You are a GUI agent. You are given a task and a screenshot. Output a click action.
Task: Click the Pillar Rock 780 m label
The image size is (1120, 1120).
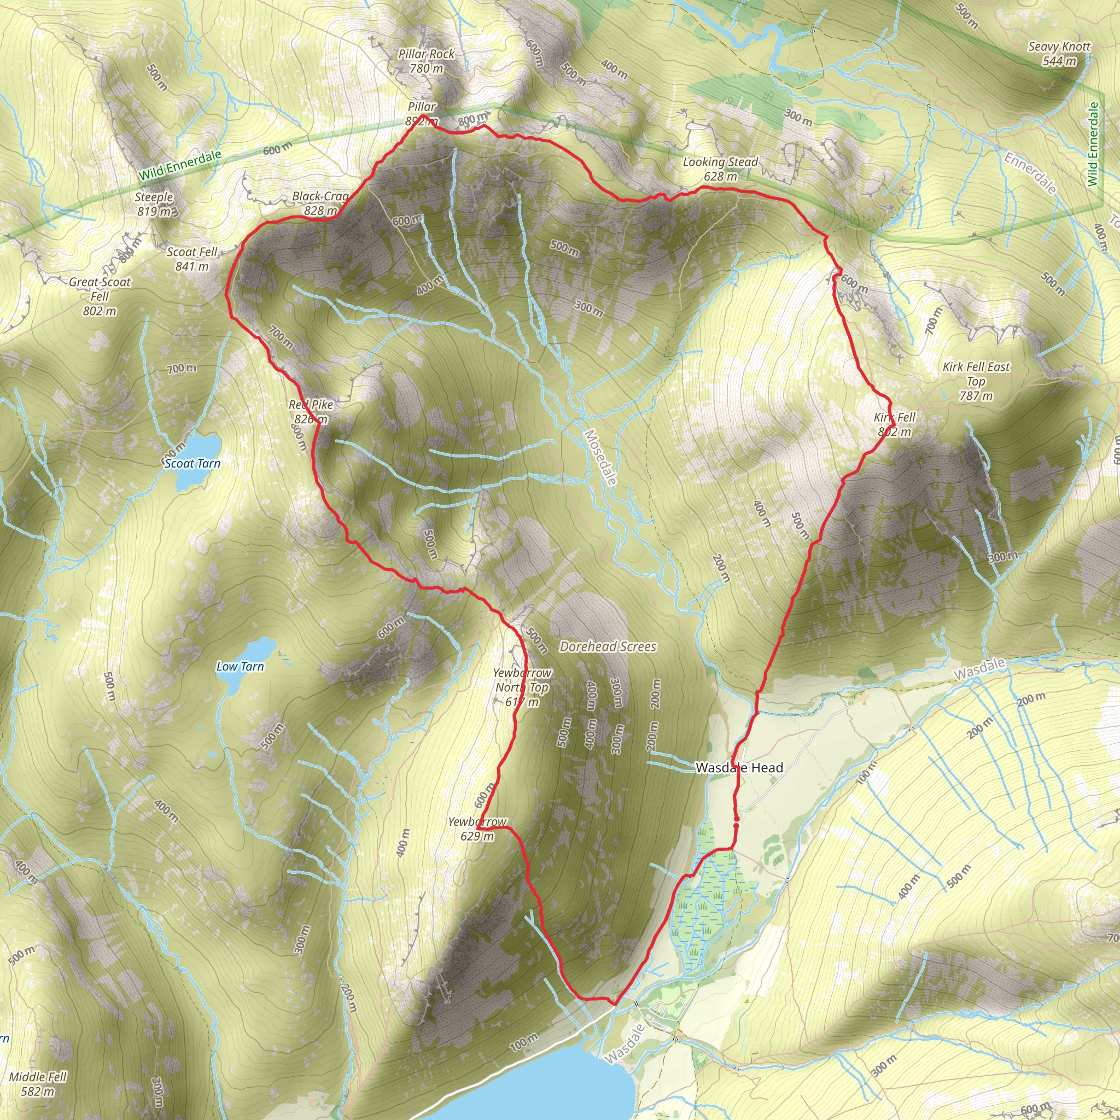click(427, 61)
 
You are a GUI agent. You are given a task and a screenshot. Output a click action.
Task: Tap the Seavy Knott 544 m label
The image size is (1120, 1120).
click(1059, 54)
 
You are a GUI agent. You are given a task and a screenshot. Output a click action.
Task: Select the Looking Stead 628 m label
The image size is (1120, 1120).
click(720, 168)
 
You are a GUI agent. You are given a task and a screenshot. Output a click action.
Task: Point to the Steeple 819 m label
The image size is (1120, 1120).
click(154, 204)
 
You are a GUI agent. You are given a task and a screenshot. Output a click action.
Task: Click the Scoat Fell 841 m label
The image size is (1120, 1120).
click(192, 259)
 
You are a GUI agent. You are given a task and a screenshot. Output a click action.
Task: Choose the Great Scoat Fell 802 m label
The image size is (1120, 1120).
click(100, 296)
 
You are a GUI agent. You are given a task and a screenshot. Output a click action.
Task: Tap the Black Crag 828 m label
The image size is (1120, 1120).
click(320, 203)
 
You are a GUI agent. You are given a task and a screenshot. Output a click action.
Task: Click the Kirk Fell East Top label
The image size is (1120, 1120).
click(976, 381)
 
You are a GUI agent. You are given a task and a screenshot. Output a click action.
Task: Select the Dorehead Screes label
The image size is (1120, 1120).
click(608, 646)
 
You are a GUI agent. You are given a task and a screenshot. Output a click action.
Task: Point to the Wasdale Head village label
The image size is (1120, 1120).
click(739, 767)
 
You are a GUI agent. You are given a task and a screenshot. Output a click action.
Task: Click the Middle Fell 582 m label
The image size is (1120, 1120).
click(38, 1084)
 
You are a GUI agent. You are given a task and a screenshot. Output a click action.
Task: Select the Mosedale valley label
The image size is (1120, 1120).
click(600, 457)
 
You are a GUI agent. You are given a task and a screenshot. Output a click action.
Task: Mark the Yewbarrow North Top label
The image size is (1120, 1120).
click(522, 687)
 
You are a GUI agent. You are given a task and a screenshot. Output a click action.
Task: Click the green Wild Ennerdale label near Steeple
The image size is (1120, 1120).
click(180, 165)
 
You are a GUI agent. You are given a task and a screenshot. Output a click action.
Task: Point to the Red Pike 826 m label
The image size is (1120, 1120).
click(311, 412)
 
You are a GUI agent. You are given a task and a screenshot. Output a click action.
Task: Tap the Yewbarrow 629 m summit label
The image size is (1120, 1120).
click(477, 829)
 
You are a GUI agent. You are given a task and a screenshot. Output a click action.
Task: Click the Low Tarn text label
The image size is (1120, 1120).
click(240, 667)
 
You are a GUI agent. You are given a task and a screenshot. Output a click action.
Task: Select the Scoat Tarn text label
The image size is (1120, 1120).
click(192, 463)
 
